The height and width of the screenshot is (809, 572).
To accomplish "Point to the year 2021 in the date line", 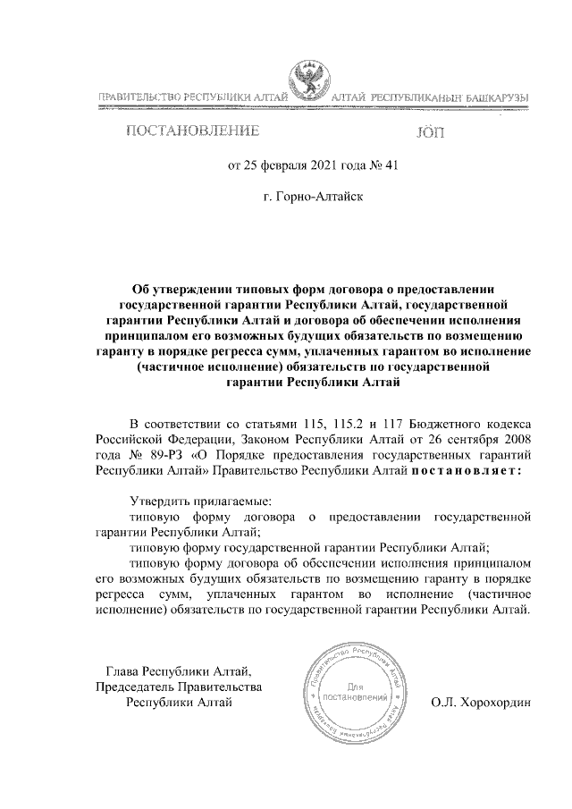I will tap(326, 164).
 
